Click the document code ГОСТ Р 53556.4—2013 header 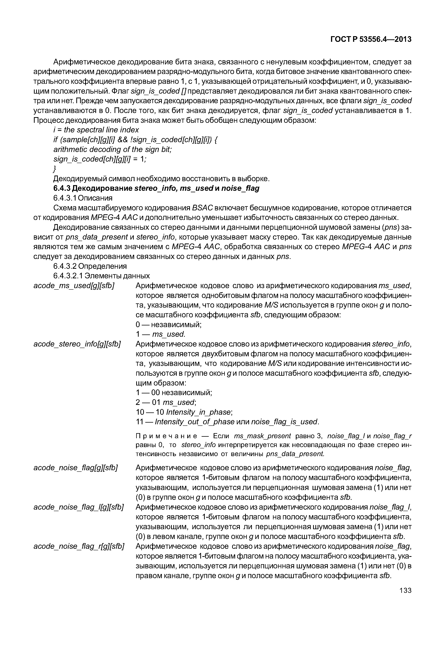[371, 40]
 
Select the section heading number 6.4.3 [62, 189]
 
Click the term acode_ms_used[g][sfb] [74, 286]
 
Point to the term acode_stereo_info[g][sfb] [77, 344]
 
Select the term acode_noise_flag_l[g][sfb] [79, 507]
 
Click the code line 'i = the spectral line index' [96, 130]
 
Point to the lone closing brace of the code [55, 169]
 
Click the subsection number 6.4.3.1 [64, 198]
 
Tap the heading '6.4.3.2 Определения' [90, 266]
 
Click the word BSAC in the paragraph [202, 208]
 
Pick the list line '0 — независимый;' [168, 325]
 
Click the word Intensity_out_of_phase [195, 422]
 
